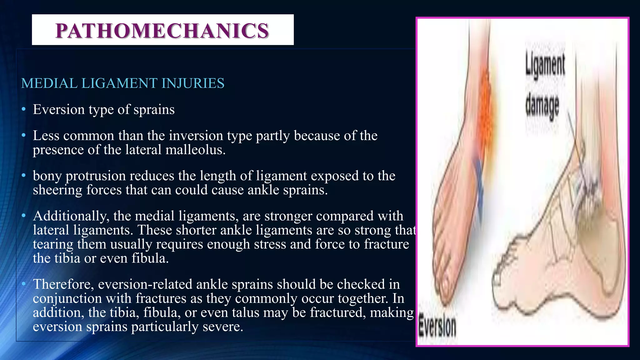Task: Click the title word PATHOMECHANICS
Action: [x=162, y=31]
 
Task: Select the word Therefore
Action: [x=63, y=284]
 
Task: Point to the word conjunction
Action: [x=67, y=298]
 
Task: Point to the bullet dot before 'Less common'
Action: [x=23, y=136]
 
